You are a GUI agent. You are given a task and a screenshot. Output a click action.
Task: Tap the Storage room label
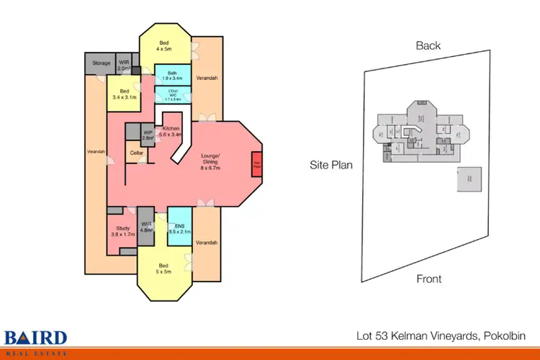102,63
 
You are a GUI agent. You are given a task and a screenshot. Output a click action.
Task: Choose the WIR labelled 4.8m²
146,228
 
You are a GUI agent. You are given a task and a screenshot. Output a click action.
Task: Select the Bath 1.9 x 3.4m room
173,75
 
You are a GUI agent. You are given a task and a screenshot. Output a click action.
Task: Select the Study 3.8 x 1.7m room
122,232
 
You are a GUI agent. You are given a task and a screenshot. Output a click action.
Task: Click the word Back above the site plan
428,45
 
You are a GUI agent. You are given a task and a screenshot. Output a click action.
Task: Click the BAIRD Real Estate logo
36,340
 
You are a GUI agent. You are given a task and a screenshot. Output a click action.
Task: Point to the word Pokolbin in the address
504,336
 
